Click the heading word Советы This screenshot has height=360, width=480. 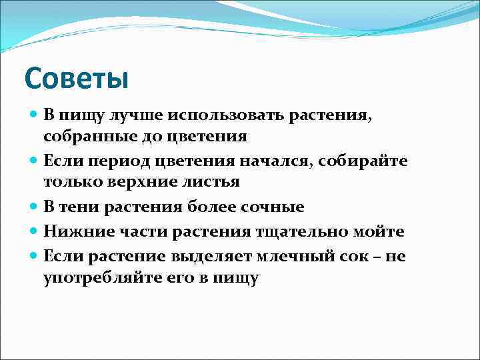[75, 79]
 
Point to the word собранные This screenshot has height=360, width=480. [85, 137]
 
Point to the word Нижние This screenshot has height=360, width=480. [72, 231]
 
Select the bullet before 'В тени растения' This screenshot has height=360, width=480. [34, 207]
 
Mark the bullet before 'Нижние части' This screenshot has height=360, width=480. [34, 231]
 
